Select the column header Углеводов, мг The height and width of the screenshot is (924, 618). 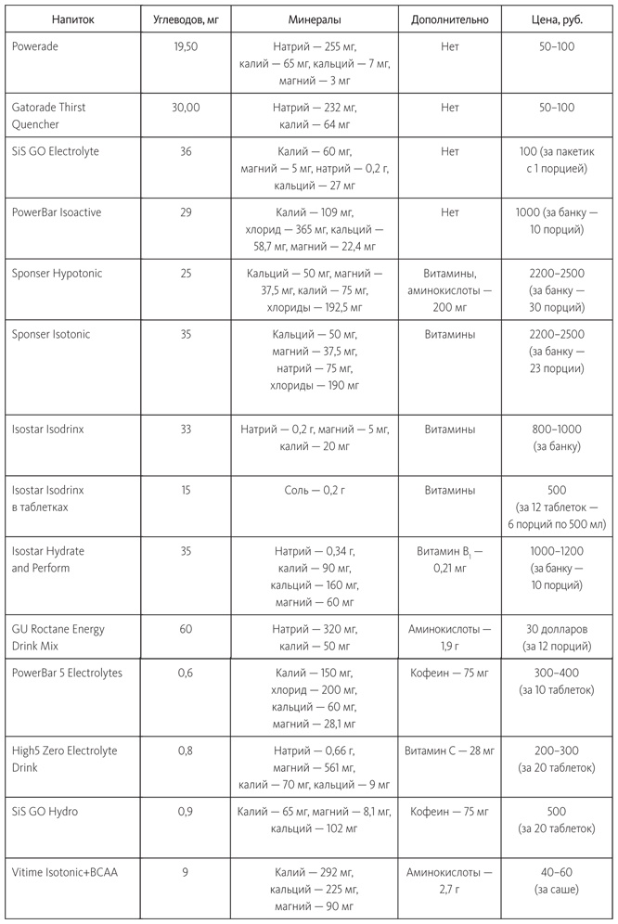(186, 19)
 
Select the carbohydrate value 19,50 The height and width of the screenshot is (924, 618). (186, 45)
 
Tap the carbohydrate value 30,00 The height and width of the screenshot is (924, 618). (186, 108)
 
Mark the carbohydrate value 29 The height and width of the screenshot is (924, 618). (186, 212)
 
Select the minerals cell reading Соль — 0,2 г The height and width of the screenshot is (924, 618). (315, 490)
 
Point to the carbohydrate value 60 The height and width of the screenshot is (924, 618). (186, 629)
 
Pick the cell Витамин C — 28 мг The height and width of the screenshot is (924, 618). (450, 751)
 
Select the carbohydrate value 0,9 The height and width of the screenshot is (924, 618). (186, 812)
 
